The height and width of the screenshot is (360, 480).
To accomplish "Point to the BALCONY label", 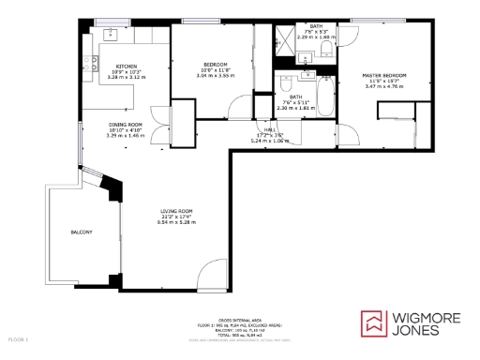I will pos(82,232).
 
